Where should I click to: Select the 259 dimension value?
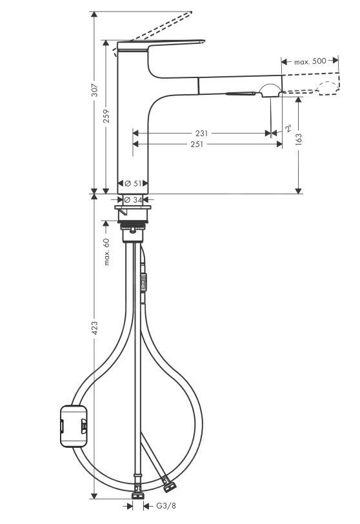click(107, 117)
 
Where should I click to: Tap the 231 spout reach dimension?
click(201, 134)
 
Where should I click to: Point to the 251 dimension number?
click(197, 145)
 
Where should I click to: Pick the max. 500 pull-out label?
click(310, 62)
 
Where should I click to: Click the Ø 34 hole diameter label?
click(133, 199)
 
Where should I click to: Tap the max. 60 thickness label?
click(107, 251)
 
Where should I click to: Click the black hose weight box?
click(72, 425)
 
